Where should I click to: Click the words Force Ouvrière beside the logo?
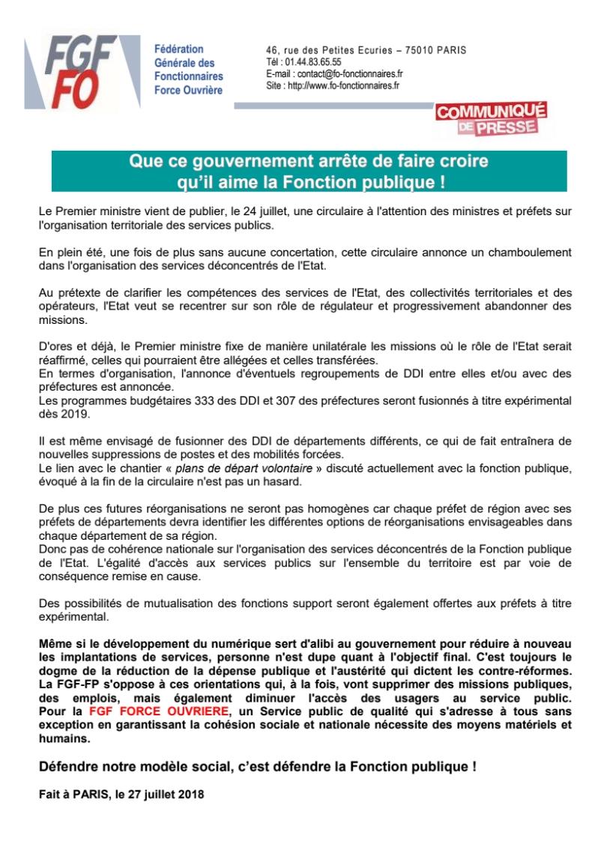[x=188, y=90]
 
